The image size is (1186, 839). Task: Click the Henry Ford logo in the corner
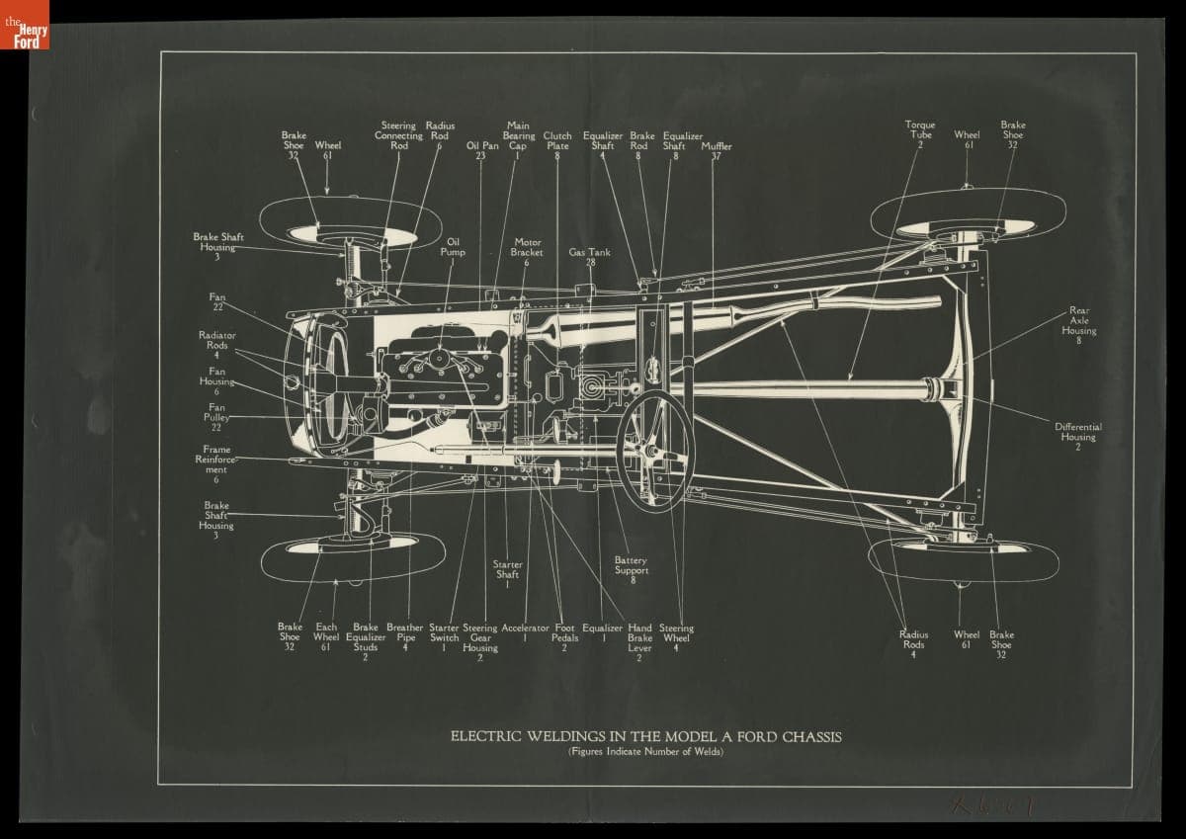coord(24,25)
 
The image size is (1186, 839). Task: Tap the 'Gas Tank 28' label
coord(590,257)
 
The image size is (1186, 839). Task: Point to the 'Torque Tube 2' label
coord(919,134)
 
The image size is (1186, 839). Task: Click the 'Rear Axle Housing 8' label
coord(1078,325)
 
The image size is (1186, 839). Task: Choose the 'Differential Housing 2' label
coord(1078,437)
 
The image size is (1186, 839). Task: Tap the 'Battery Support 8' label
coord(632,569)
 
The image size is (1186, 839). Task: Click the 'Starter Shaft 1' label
coord(507,574)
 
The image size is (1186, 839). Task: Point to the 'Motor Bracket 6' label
coord(527,251)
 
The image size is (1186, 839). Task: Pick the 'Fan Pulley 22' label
coord(216,417)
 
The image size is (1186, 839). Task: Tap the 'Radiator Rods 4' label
coord(216,345)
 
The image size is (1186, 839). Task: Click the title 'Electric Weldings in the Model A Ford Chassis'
coord(645,736)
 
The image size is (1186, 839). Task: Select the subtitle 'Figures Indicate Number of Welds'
coord(645,753)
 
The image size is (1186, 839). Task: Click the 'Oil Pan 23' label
coord(481,151)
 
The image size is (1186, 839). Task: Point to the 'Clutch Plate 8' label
coord(557,145)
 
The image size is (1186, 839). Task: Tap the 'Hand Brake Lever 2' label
coord(639,642)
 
